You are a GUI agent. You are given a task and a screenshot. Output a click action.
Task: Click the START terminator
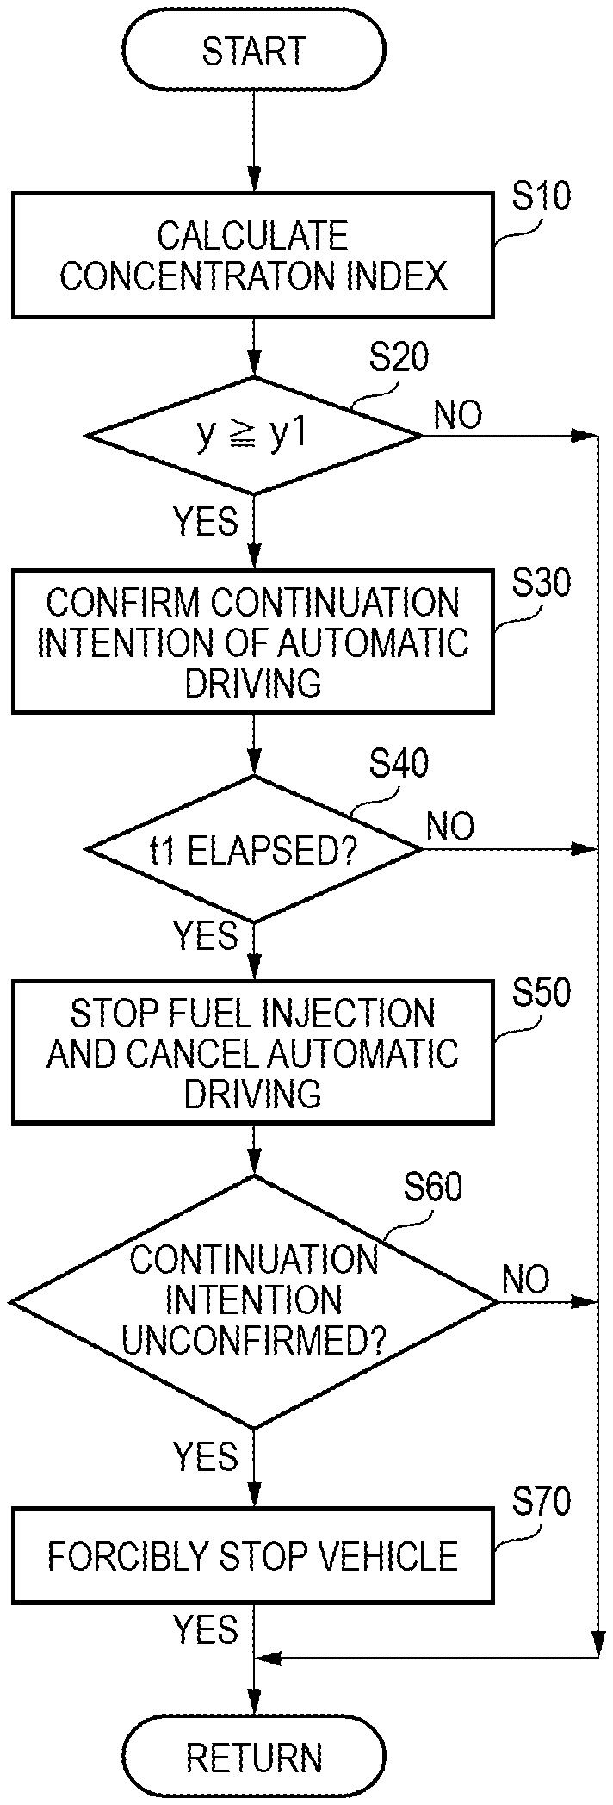[254, 52]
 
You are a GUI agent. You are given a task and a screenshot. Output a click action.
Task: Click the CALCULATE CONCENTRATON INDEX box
[253, 256]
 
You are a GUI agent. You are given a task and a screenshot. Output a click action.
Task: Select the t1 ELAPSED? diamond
[254, 849]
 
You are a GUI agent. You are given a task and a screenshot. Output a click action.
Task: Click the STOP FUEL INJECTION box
[253, 1052]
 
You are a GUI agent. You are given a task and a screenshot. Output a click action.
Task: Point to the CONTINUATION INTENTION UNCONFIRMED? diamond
[254, 1301]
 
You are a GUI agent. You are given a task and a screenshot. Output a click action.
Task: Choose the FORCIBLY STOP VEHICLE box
[253, 1556]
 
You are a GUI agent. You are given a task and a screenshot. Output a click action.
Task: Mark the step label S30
[541, 583]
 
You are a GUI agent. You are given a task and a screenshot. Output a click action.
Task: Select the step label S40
[399, 763]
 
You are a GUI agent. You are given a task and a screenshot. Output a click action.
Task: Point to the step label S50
[541, 993]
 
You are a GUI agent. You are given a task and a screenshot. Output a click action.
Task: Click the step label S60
[433, 1188]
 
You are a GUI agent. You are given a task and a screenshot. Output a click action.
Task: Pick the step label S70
[541, 1503]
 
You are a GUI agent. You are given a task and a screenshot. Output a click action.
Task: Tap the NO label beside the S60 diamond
[525, 1280]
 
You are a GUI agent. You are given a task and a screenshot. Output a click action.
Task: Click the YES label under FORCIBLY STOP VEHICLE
[205, 1630]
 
